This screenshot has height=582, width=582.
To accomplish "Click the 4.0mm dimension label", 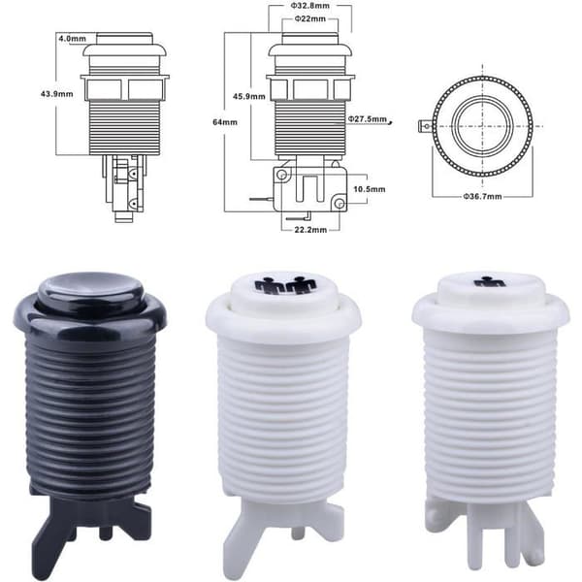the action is pos(72,38).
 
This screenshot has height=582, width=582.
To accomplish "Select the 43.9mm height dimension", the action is pos(57,94).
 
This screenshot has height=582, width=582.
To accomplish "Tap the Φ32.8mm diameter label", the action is pos(310,6).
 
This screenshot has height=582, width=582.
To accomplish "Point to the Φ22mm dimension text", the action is pos(310,18).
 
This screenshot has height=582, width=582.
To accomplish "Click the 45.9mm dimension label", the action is pos(249,96).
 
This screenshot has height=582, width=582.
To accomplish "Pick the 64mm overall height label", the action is pos(225,122).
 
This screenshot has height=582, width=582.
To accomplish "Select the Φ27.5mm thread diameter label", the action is pos(368,118).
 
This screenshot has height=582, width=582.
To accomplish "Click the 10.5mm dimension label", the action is pos(370,189).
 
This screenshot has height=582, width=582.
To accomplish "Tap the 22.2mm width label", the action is pos(310,230).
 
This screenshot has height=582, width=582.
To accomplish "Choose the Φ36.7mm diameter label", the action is pos(482,196).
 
